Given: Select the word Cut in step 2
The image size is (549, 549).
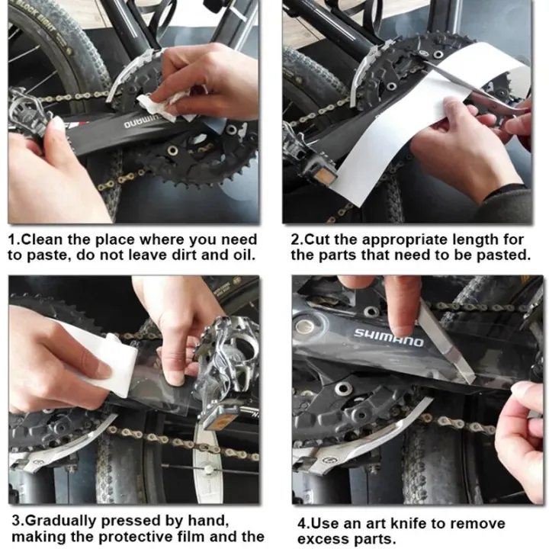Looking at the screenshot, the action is pyautogui.click(x=318, y=240).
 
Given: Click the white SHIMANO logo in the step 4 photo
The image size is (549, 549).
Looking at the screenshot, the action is pyautogui.click(x=388, y=338).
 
